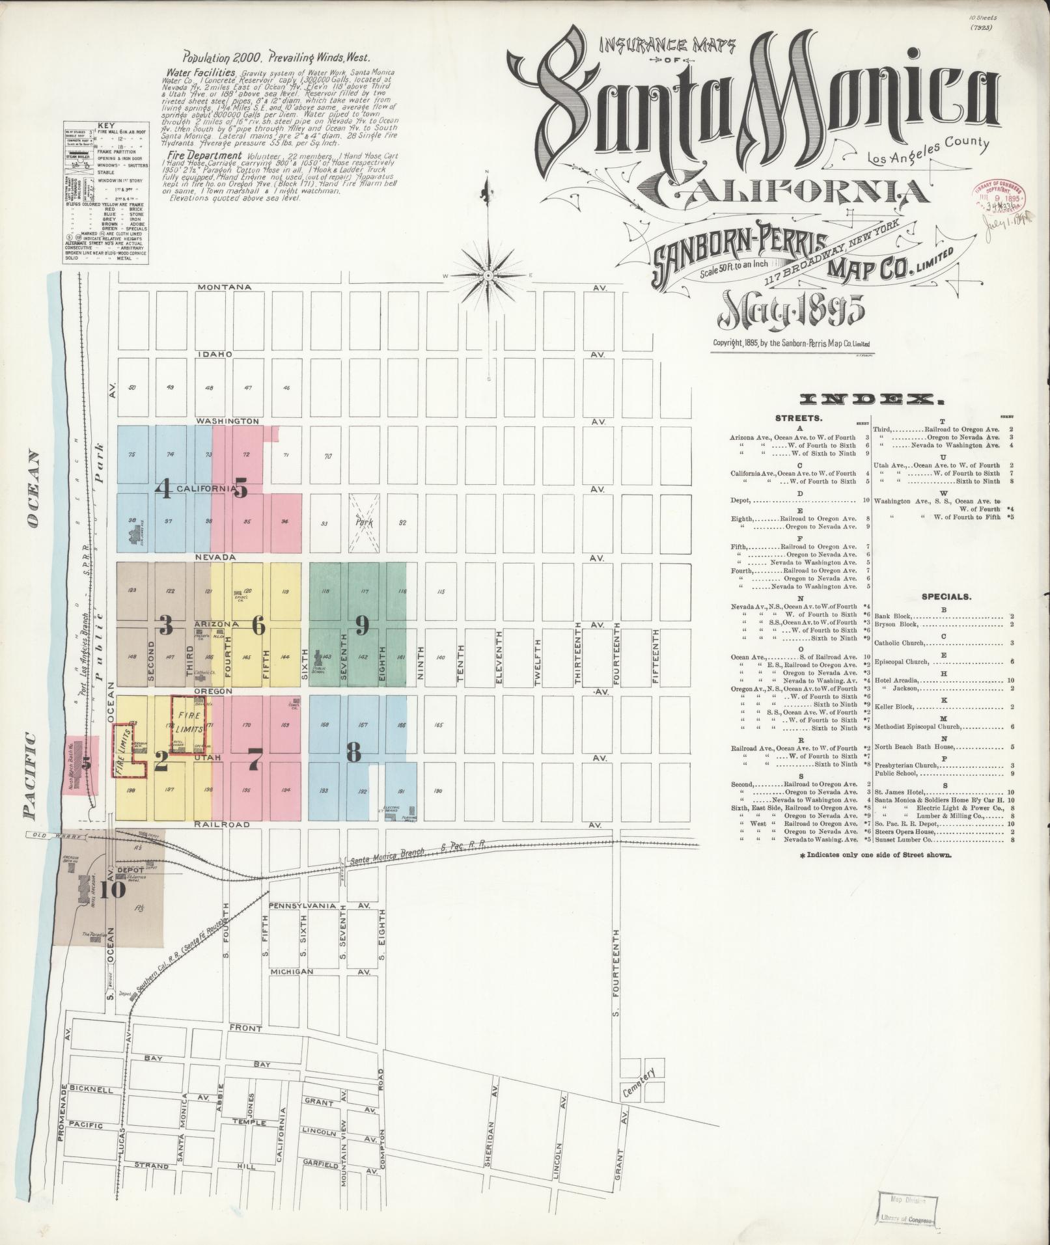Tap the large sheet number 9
coord(362,626)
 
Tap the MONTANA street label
coord(225,287)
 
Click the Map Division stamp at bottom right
coord(907,1211)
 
